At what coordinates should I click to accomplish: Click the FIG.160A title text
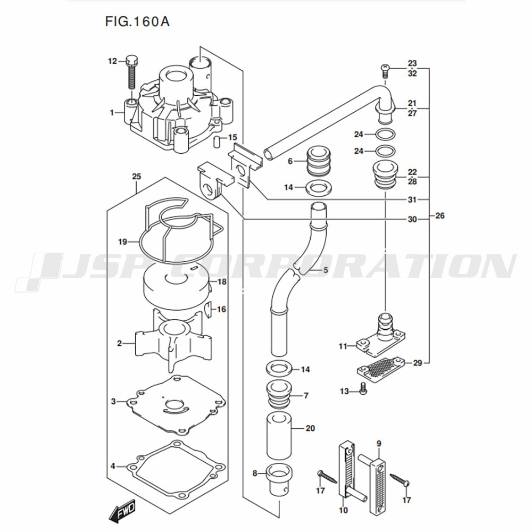pos(137,22)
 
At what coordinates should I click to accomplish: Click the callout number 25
pos(136,176)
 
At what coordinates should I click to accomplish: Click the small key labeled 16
pos(209,309)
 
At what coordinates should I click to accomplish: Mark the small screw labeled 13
pos(363,389)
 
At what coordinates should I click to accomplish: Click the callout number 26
pos(439,216)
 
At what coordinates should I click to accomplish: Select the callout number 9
pos(379,443)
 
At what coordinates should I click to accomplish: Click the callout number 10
pos(343,510)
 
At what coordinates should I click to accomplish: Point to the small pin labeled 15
pos(217,142)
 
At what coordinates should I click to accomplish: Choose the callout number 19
pos(122,242)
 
